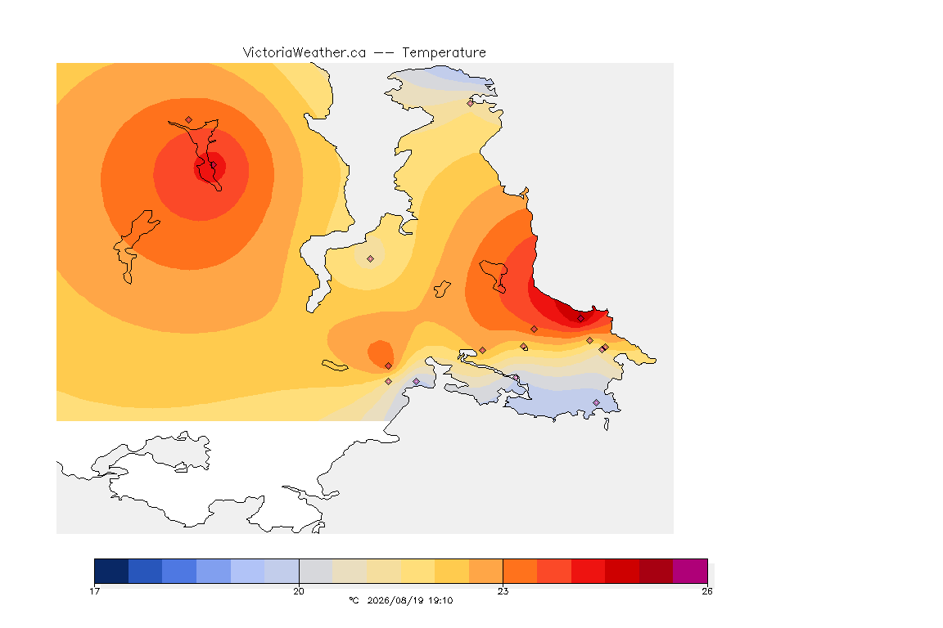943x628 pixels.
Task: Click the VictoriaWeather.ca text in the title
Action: tap(305, 53)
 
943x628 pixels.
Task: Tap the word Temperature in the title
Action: tap(444, 53)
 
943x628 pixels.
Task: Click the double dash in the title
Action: tap(384, 53)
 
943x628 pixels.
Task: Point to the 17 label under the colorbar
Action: tap(94, 591)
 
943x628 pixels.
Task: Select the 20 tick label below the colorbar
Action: tap(299, 591)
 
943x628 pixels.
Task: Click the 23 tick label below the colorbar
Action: tap(503, 591)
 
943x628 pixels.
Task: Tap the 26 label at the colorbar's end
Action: tap(707, 591)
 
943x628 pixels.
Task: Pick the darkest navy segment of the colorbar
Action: tap(111, 571)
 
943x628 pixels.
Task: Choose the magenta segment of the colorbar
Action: tap(690, 571)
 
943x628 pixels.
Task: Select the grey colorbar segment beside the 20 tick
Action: tap(316, 571)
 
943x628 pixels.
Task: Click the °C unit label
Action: tap(354, 600)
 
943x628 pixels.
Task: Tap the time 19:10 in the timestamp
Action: tap(440, 600)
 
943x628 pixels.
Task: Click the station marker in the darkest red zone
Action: tap(580, 319)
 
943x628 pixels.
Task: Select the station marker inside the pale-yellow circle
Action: tap(371, 259)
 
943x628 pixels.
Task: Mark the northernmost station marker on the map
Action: tap(471, 103)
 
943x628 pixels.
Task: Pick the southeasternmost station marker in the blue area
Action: tap(596, 402)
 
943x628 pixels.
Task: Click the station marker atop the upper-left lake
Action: tap(189, 120)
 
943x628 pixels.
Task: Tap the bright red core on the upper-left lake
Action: tap(210, 167)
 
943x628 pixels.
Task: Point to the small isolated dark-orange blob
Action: tap(381, 354)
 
